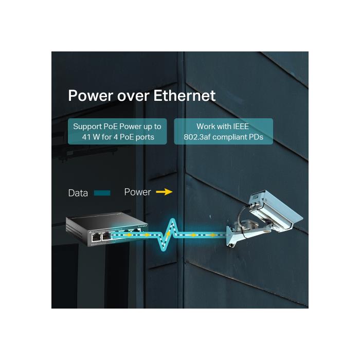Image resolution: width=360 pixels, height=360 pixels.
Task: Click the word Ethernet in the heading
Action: [x=184, y=96]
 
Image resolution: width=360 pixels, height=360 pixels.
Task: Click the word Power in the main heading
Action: [x=91, y=96]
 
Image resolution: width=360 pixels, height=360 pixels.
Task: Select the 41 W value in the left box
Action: [x=91, y=137]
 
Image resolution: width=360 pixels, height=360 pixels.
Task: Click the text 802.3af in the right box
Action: [x=197, y=137]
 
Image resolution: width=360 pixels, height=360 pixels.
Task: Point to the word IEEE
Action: [x=241, y=127]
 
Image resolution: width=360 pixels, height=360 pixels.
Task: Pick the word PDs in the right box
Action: [x=256, y=137]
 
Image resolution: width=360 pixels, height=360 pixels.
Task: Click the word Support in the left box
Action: [x=87, y=127]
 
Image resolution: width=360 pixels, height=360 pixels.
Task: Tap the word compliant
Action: [x=229, y=137]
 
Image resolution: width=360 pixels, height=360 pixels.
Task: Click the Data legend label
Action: [x=78, y=193]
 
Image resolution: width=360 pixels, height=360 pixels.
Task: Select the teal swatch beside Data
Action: [x=102, y=193]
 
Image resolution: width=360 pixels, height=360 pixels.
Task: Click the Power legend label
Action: [x=137, y=192]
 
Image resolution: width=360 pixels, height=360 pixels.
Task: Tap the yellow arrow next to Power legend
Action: [x=164, y=192]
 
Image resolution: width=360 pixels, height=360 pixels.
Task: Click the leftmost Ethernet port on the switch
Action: [x=95, y=238]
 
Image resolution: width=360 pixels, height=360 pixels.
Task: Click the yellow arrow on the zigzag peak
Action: [x=169, y=234]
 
